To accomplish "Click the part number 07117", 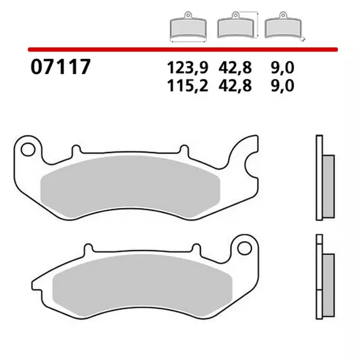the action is click(x=60, y=67).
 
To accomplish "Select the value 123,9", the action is click(x=188, y=68).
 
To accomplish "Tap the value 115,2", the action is click(x=188, y=86).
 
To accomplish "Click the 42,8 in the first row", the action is click(x=235, y=68).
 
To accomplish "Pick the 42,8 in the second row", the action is click(x=235, y=86).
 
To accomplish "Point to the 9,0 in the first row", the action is click(x=282, y=68).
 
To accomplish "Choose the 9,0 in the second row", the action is click(x=282, y=86).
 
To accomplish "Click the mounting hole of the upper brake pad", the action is click(x=28, y=150).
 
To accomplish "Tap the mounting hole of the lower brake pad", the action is click(x=244, y=248).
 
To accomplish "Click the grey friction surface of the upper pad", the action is click(x=130, y=187).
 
